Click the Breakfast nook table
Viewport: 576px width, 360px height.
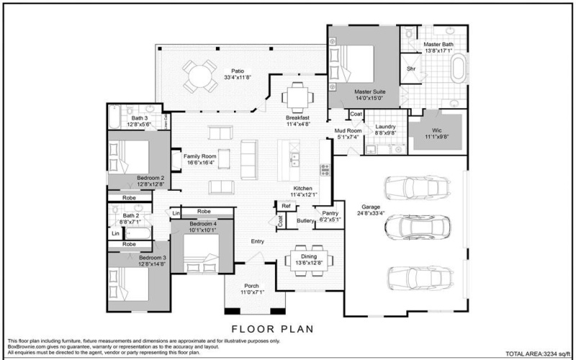tap(297, 94)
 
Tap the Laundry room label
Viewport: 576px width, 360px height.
tap(386, 127)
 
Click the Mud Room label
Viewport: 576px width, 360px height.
tap(348, 130)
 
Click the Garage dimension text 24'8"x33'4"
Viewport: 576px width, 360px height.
tap(371, 213)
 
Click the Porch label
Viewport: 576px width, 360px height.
tap(252, 285)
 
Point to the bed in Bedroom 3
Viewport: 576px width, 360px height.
tap(130, 284)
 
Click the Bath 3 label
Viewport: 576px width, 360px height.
tap(139, 117)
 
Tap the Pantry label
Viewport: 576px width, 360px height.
tap(330, 213)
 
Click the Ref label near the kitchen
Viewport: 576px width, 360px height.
tap(286, 207)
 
